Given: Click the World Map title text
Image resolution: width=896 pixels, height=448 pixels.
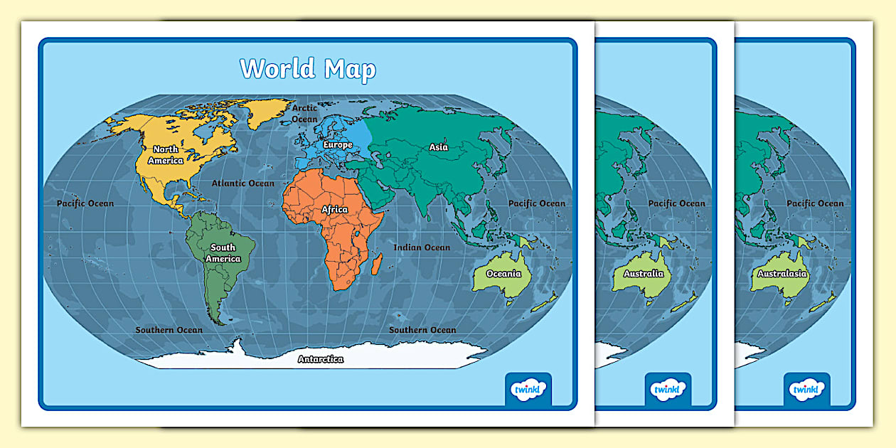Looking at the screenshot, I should click(307, 69).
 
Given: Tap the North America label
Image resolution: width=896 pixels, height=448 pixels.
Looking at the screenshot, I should click(166, 154).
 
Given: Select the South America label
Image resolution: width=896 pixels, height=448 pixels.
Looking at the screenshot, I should click(223, 253).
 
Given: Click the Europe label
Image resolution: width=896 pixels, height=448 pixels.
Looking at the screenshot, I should click(337, 144).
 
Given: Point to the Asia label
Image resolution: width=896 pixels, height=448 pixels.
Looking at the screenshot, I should click(439, 147).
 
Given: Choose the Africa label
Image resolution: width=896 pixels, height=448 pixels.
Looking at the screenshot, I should click(334, 209).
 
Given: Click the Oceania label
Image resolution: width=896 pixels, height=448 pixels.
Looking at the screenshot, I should click(503, 274).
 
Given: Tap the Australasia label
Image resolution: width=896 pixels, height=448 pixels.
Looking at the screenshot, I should click(782, 274).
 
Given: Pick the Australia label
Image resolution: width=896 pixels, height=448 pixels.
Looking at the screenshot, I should click(643, 274).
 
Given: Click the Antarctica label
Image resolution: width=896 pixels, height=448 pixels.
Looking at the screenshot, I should click(320, 359).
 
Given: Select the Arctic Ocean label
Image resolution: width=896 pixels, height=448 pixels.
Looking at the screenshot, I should click(304, 114).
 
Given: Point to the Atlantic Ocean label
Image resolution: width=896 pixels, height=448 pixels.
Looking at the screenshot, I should click(242, 183).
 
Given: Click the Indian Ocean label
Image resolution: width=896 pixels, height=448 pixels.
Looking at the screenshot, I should click(422, 247).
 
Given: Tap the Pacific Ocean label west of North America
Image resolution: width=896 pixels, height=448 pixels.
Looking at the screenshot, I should click(85, 203).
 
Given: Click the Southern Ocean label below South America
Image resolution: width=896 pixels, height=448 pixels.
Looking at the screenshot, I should click(169, 330).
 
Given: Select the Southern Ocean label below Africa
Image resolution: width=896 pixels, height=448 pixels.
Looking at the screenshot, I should click(422, 330).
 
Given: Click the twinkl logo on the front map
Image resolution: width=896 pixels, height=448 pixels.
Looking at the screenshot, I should click(528, 390).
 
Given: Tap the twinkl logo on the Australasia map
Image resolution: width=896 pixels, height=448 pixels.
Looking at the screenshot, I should click(807, 390).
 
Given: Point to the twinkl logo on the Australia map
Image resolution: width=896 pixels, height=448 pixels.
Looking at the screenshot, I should click(668, 390).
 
